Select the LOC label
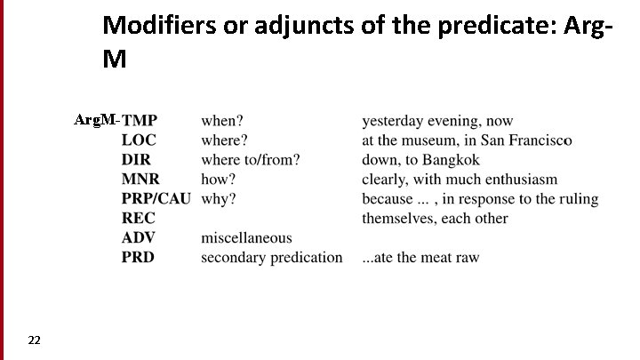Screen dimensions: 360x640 (x=138, y=140)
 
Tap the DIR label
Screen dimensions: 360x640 (x=136, y=160)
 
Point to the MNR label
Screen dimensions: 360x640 (x=140, y=180)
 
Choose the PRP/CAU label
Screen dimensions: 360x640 (x=156, y=199)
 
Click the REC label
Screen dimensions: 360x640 (x=138, y=219)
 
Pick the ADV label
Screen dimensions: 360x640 (x=138, y=238)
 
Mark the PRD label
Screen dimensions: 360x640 (x=138, y=258)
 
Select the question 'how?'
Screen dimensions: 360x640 (x=218, y=180)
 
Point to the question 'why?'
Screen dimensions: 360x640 (x=219, y=199)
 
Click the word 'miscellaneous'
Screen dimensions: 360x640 (x=246, y=238)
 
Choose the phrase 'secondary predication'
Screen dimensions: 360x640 (x=271, y=258)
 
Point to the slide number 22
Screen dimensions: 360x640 (x=34, y=340)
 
